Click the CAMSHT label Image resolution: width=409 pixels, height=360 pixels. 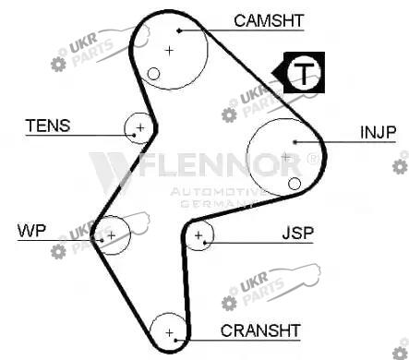click(x=269, y=21)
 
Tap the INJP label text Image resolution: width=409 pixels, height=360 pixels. click(x=378, y=132)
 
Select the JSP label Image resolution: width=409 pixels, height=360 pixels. click(x=297, y=234)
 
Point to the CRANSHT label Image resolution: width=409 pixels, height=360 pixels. click(x=260, y=330)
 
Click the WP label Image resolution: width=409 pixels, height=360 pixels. click(x=31, y=231)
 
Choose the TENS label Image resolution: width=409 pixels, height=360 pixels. click(x=48, y=126)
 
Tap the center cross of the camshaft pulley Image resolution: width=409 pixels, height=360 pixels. click(x=169, y=51)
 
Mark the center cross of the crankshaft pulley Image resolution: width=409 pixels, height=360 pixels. click(x=169, y=332)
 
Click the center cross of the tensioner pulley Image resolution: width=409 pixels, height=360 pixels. click(x=140, y=127)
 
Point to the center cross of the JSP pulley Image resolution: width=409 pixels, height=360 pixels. click(x=198, y=235)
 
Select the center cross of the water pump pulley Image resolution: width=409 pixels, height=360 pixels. click(x=112, y=235)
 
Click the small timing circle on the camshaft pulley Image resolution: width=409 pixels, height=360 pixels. click(x=153, y=74)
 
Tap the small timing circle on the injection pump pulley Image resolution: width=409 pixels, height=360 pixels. click(x=295, y=184)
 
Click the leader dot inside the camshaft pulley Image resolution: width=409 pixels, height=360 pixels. click(x=179, y=30)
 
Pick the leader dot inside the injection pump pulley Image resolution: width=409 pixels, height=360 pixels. click(x=295, y=142)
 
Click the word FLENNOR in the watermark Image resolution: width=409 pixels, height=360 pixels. click(x=220, y=164)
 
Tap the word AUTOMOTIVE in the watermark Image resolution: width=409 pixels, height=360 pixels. click(x=219, y=192)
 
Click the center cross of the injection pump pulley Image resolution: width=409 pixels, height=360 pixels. click(x=286, y=158)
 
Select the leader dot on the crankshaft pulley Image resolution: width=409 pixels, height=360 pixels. click(x=175, y=340)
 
